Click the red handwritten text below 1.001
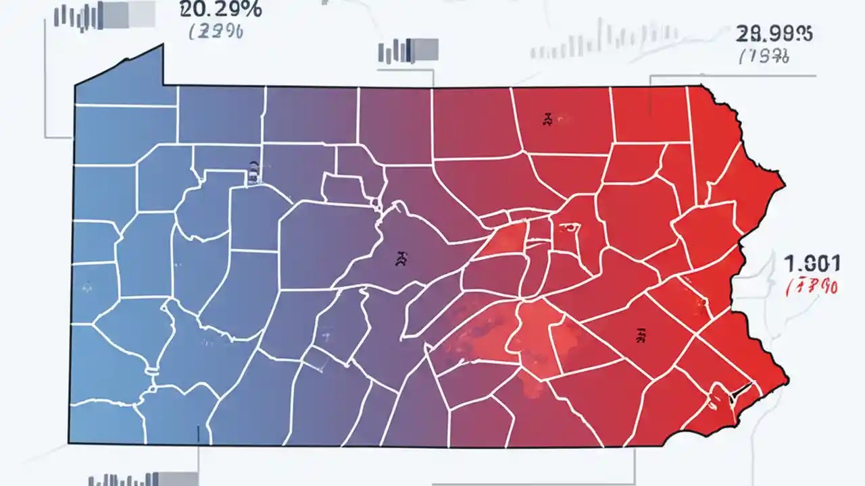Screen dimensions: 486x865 [x=814, y=286]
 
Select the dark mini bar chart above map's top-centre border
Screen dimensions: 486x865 [x=408, y=51]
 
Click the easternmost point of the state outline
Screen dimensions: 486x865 [x=788, y=375]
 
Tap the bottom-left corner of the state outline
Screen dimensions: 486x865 [x=69, y=443]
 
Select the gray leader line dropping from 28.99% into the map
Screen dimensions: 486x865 [x=650, y=94]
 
